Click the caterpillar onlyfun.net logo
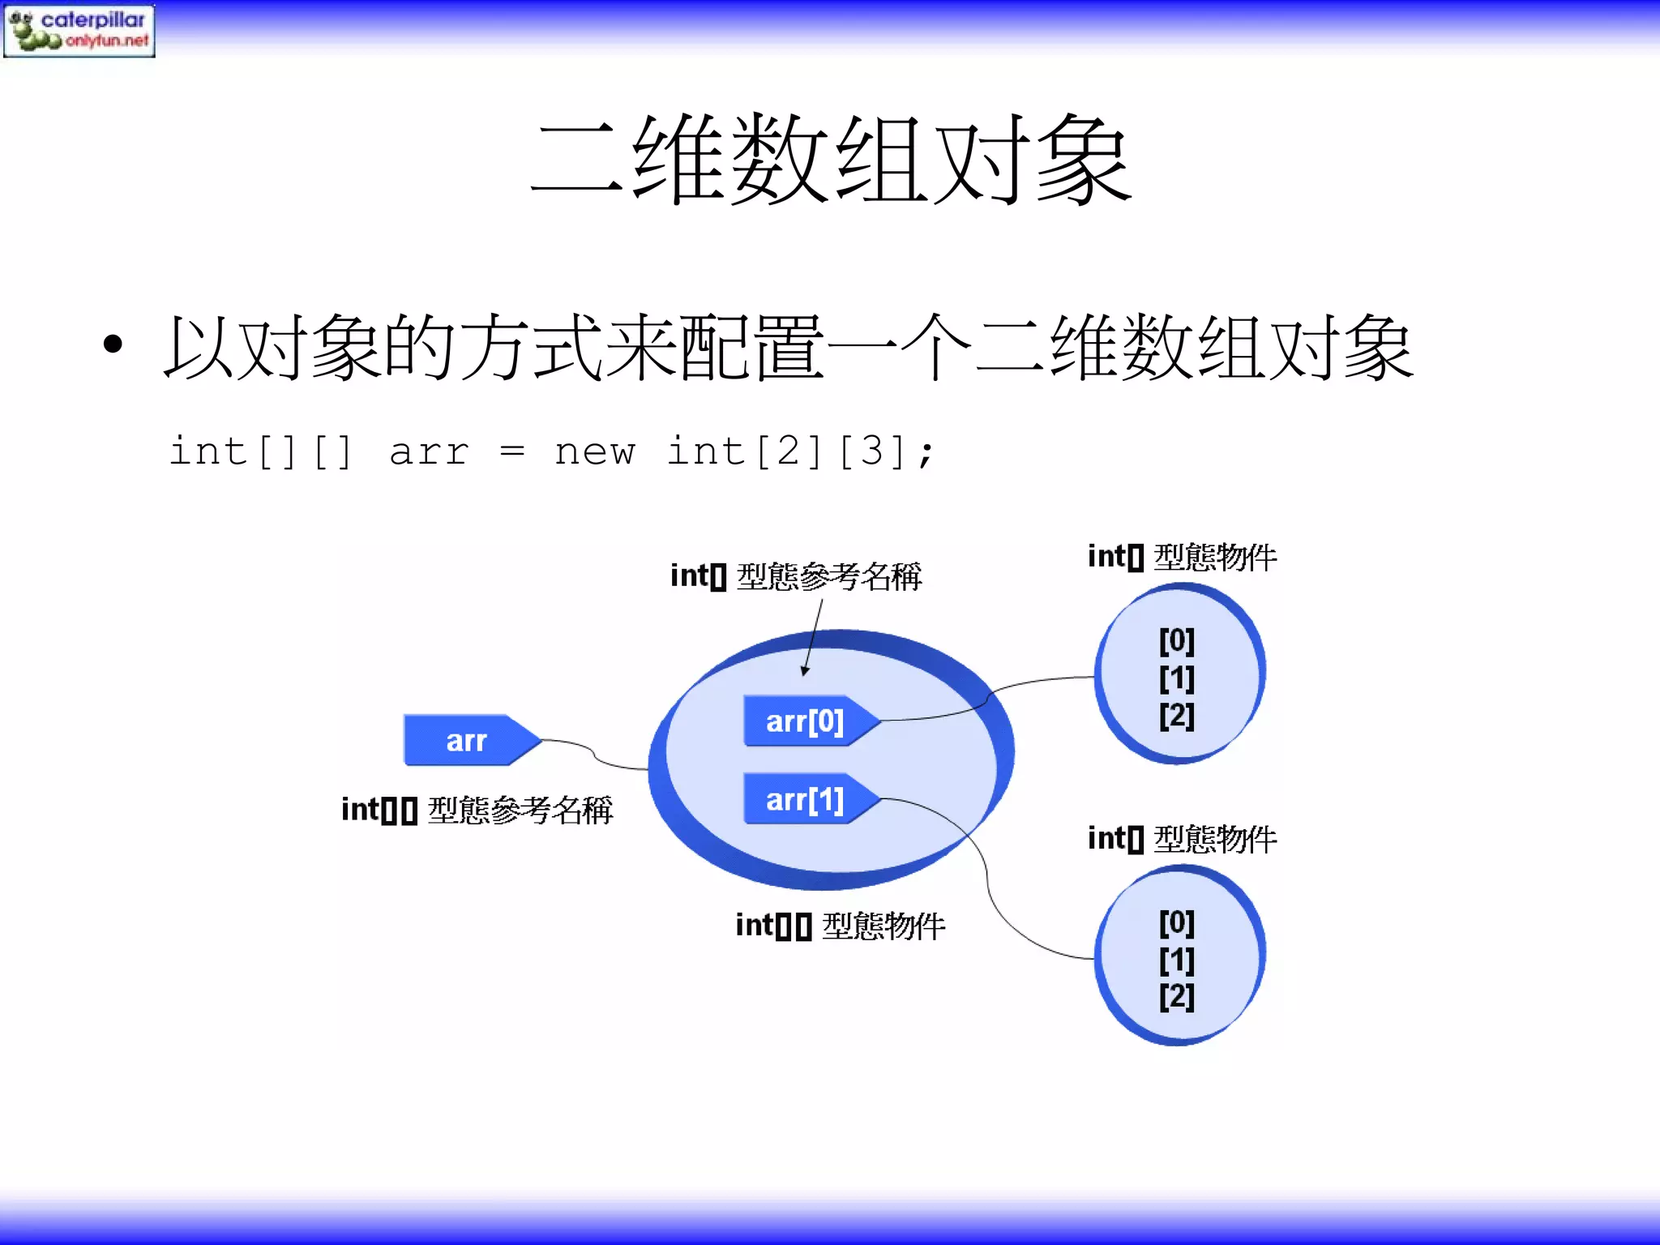79,30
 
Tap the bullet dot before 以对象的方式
113,344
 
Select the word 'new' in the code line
594,451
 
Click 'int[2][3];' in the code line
800,451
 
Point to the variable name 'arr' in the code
429,451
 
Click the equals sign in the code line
511,451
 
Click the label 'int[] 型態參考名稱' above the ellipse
795,576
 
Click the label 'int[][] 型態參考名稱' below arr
477,810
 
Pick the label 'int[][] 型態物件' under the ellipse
840,926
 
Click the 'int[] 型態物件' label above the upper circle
1182,557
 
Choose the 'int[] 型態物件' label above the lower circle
1182,839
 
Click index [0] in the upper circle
1177,640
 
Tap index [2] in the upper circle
1177,715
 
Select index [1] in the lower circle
1177,960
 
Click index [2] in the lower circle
1177,996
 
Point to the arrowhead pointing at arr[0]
805,670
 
